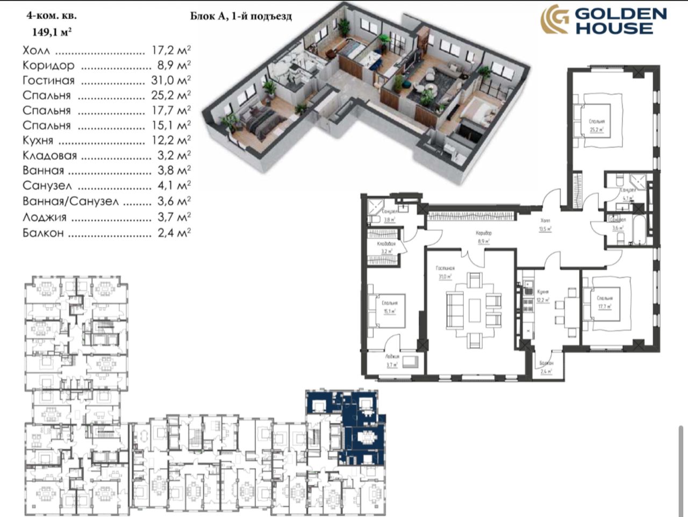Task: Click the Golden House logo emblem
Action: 554,20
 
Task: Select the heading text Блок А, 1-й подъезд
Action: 241,16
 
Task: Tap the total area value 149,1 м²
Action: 51,32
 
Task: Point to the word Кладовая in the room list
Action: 49,156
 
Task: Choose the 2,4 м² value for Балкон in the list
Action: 171,233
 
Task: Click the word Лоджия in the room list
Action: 45,217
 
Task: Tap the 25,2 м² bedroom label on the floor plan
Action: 596,126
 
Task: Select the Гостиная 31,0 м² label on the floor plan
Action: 445,272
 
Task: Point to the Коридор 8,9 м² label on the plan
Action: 483,238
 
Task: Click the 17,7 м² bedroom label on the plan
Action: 604,303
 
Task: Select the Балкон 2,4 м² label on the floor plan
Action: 547,367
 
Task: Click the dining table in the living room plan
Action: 475,310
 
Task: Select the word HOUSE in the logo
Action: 614,28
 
